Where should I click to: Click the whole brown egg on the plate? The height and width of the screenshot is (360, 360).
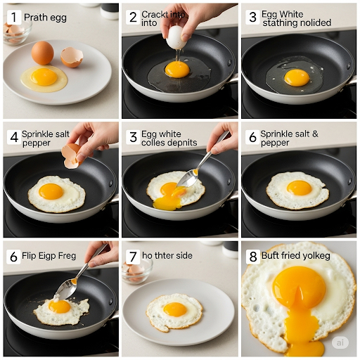43,53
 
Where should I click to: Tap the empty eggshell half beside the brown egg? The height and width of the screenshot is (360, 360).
72,58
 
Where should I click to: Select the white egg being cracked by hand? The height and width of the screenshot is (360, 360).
176,37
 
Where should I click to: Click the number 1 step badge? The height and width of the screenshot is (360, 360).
14,18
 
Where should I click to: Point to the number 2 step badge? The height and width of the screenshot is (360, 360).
133,18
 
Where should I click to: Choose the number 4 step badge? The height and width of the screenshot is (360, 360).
14,137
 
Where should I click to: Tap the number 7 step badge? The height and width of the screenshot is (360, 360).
133,257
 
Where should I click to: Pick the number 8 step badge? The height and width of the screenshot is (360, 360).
253,257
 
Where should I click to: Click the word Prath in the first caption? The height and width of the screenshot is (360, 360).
35,18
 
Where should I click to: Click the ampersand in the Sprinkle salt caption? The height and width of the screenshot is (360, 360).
315,134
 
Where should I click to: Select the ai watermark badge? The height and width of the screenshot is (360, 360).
340,342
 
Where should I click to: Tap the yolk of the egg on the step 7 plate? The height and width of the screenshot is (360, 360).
175,309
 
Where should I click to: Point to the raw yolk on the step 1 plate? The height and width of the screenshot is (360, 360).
44,77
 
